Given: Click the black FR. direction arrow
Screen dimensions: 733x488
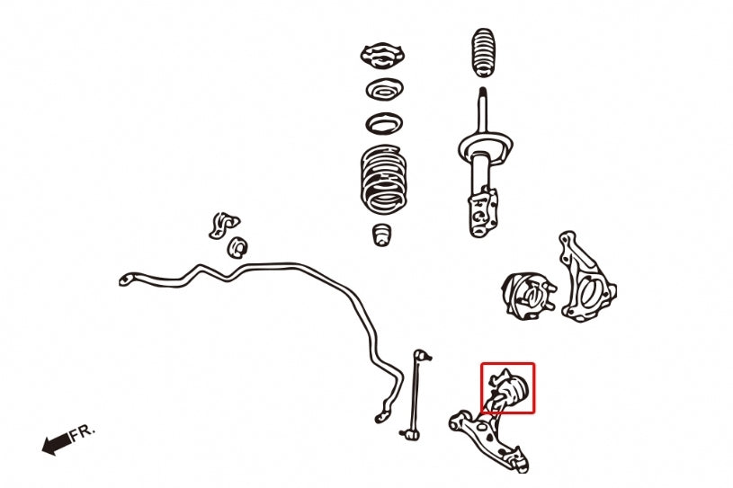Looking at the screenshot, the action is [57, 443].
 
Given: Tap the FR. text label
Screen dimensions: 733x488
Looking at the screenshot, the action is [83, 432].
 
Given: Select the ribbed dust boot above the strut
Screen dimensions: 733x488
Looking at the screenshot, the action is [483, 53].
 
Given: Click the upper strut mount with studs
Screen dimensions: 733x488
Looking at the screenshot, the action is [382, 56].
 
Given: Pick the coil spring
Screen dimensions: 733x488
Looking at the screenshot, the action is [383, 180].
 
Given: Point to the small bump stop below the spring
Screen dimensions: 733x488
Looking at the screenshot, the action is [382, 235].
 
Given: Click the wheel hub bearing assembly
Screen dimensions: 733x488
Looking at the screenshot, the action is [529, 297].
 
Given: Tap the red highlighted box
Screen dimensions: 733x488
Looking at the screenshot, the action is [507, 363].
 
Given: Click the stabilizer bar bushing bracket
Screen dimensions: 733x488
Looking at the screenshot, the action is [222, 225].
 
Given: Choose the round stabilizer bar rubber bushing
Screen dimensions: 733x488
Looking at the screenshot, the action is [237, 247].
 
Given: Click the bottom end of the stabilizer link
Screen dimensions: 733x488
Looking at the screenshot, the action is [409, 434].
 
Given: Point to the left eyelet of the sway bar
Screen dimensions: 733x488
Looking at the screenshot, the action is [126, 279].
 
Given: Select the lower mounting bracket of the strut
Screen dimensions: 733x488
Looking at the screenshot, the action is [482, 212].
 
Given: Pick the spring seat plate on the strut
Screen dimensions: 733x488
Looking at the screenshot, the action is [486, 146].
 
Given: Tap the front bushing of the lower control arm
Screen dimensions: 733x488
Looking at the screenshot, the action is [460, 421].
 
